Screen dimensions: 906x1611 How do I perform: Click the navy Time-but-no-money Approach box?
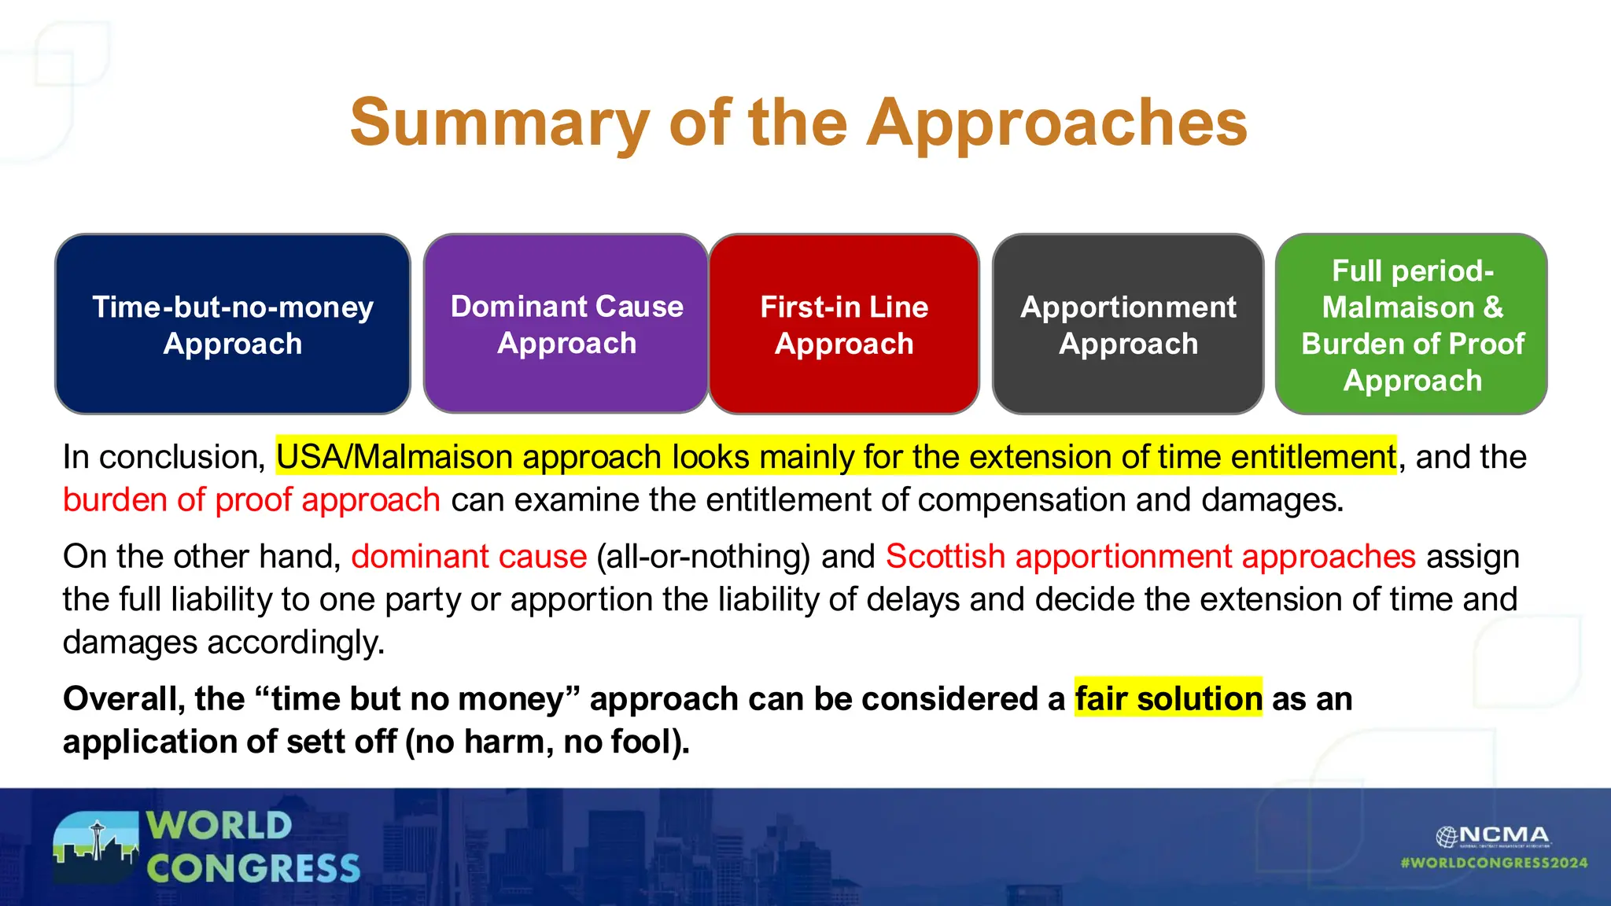(x=233, y=324)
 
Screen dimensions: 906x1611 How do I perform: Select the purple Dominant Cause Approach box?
(x=566, y=324)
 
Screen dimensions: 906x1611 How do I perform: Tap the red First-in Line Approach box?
(x=844, y=324)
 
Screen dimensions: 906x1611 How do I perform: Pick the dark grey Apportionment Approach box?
(x=1128, y=324)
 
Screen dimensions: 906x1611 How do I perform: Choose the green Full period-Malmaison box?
(x=1412, y=324)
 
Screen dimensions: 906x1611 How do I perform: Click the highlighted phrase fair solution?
(x=1168, y=698)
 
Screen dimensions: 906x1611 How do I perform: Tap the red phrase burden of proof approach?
(x=252, y=500)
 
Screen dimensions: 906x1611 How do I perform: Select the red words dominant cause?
(x=469, y=557)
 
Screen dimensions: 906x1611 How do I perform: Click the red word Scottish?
(x=945, y=557)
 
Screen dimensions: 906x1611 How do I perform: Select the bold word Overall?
(x=123, y=699)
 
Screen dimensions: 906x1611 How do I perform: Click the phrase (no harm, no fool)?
(x=547, y=742)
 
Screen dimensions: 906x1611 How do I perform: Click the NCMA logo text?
(x=1502, y=835)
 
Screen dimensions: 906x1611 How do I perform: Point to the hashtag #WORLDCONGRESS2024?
(x=1494, y=863)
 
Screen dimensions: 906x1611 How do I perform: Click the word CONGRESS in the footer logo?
(x=253, y=869)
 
